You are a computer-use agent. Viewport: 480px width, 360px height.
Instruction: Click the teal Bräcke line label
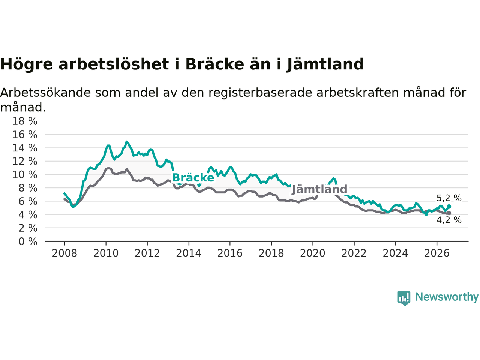(x=193, y=177)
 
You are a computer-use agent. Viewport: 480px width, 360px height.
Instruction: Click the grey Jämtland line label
(x=319, y=189)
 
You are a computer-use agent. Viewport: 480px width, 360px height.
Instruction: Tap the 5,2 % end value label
(x=449, y=198)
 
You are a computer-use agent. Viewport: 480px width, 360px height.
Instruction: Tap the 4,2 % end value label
(x=449, y=220)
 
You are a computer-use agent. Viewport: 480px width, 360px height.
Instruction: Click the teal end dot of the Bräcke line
(x=449, y=207)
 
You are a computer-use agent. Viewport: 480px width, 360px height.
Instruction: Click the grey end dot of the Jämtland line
(x=449, y=213)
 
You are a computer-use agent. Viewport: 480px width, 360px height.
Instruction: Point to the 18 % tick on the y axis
(x=25, y=121)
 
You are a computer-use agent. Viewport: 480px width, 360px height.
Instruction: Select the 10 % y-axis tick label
(x=25, y=175)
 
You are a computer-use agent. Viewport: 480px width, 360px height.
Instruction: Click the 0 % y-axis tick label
(x=28, y=242)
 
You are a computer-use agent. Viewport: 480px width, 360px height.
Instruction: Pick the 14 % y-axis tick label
(x=25, y=148)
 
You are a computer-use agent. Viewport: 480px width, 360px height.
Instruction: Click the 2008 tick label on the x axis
(x=64, y=253)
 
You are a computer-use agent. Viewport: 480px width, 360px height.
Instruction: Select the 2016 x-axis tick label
(x=230, y=253)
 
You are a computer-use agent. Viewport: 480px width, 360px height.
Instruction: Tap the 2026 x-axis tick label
(x=437, y=253)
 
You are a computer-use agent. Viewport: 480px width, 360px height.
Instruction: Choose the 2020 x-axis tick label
(x=312, y=253)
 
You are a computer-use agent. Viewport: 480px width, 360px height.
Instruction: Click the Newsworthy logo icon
(x=403, y=298)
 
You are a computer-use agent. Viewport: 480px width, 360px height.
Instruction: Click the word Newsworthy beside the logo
(x=447, y=297)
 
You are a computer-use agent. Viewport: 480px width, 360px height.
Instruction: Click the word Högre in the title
(x=27, y=65)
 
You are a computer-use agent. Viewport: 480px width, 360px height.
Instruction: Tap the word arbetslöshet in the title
(x=114, y=64)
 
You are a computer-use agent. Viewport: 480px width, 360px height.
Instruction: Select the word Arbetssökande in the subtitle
(x=45, y=93)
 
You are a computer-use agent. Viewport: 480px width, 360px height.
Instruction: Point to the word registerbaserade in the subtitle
(x=260, y=93)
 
